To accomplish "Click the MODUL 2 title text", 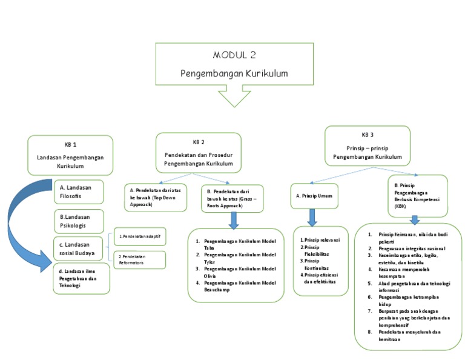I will click(x=234, y=56).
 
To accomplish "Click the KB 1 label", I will click(x=70, y=145).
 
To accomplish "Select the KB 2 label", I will click(x=198, y=142).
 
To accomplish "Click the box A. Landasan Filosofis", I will click(x=78, y=192).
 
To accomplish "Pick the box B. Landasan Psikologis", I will click(x=78, y=221).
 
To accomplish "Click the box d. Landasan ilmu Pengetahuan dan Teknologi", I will click(x=81, y=278).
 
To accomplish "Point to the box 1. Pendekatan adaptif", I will click(x=139, y=236).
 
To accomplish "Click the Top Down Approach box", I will click(x=155, y=197).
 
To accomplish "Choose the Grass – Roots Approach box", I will click(x=231, y=198).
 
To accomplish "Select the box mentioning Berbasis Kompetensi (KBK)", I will click(x=417, y=195).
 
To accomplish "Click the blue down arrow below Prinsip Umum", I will click(x=312, y=217).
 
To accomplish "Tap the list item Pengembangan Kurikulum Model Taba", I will click(x=236, y=244).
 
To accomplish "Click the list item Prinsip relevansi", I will click(x=320, y=239).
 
